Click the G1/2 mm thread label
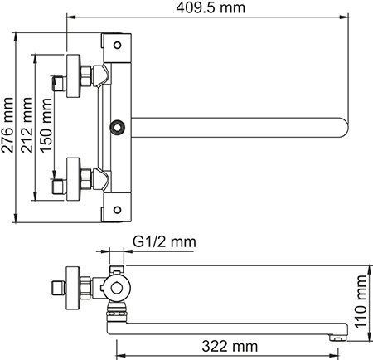[163, 241]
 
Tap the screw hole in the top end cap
[118, 46]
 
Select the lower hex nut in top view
[85, 176]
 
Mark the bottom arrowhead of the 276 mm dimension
[17, 218]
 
